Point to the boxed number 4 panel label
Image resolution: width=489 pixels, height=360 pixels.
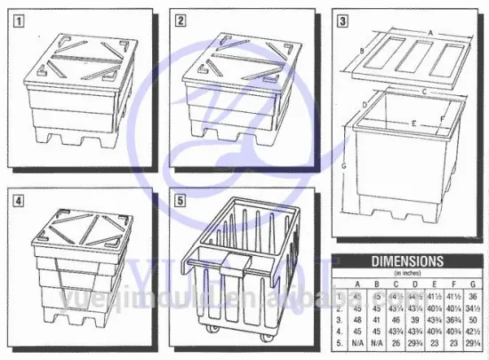(x=16, y=199)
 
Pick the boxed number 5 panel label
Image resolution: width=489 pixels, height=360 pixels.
(x=180, y=199)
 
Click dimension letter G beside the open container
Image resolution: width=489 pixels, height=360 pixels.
(x=343, y=166)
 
